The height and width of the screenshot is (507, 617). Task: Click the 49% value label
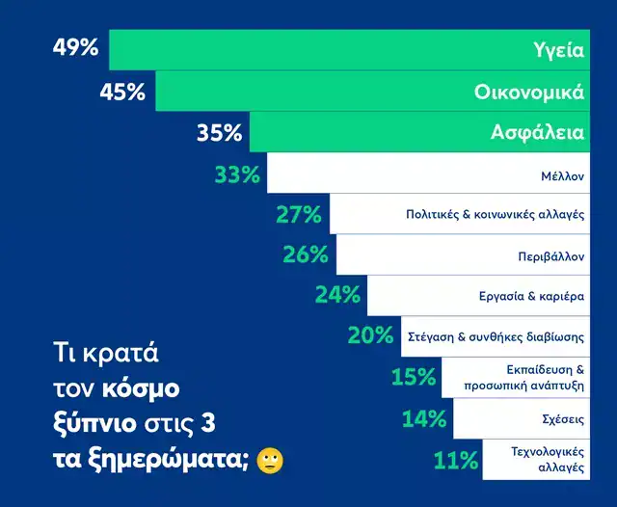[74, 47]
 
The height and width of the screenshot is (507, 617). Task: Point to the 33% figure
[237, 174]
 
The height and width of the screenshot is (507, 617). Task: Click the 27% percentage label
[298, 215]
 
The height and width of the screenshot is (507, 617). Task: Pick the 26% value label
[307, 254]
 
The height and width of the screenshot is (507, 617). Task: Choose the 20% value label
[370, 335]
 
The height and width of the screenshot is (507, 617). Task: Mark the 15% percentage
[414, 377]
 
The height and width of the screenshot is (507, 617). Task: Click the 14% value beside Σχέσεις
[424, 418]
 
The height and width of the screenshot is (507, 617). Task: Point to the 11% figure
[456, 460]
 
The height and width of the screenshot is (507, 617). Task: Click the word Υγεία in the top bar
[559, 49]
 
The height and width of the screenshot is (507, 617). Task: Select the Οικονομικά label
[529, 92]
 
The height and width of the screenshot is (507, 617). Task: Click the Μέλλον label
[563, 176]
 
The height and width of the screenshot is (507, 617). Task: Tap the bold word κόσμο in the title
[144, 390]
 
